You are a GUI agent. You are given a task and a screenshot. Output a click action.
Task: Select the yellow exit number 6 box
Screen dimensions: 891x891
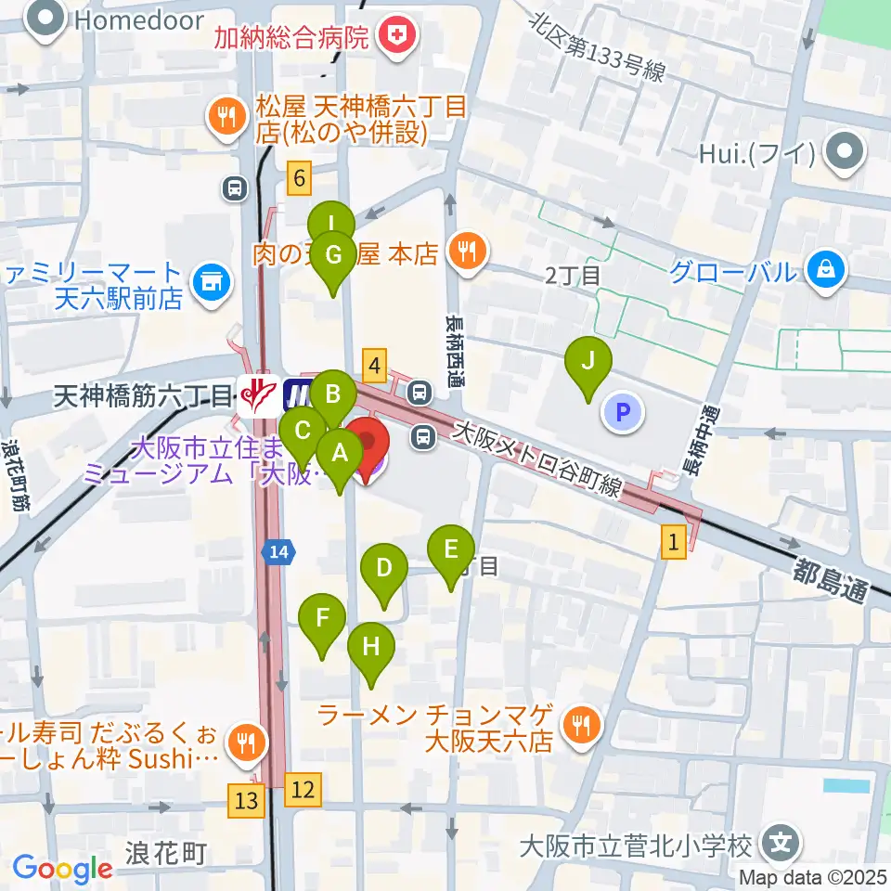coord(298,176)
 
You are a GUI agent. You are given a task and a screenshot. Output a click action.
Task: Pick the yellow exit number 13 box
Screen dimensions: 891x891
coord(246,797)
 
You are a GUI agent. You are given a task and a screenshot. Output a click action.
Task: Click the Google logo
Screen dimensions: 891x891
coord(62,868)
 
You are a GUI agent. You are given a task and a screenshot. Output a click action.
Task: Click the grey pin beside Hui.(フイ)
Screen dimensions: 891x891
coord(846,152)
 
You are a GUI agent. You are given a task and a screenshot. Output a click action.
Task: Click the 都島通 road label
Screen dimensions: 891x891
coord(830,581)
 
